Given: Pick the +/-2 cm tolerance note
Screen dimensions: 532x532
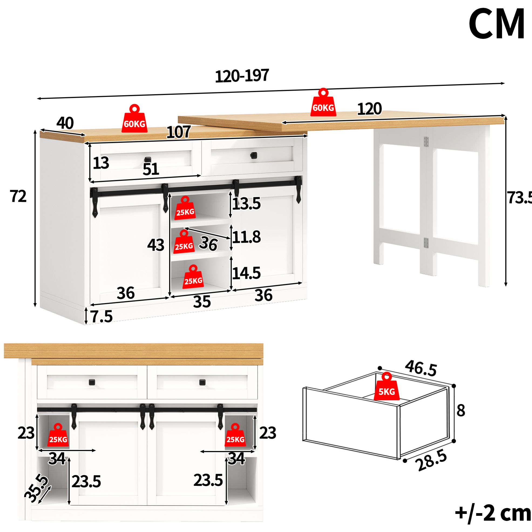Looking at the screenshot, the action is [493, 513].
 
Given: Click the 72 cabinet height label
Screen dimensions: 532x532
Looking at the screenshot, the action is [18, 196].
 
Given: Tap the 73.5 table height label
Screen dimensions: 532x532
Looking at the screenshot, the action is [519, 198].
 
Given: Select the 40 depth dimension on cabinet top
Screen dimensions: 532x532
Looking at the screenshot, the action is [65, 123].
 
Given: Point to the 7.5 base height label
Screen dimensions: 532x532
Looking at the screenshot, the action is [101, 316].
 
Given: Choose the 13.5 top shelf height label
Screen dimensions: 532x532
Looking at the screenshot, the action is [246, 204].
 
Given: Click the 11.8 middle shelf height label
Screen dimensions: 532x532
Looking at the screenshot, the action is [246, 237].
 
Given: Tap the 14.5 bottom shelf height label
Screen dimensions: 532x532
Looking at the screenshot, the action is [246, 273].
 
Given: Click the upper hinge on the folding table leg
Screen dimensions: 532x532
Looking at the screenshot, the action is [426, 142].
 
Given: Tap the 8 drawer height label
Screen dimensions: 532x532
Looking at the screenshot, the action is [461, 410].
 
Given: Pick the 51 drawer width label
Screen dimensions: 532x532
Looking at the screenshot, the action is [151, 169].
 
